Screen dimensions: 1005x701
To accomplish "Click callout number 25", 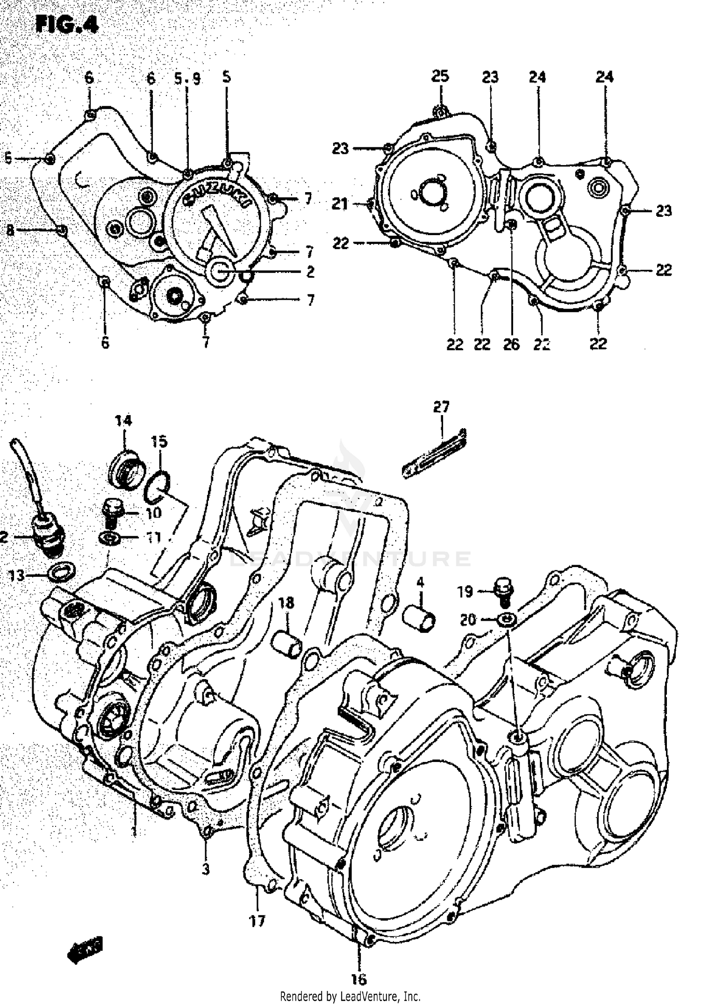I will [440, 76].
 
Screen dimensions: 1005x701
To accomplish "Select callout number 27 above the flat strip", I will [441, 407].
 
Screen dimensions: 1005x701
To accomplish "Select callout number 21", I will [340, 204].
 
